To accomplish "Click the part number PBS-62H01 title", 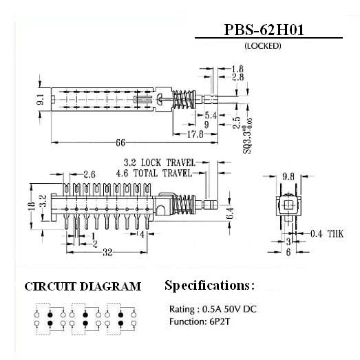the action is (264, 30).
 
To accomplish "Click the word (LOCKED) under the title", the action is (263, 46).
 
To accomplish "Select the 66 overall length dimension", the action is (120, 142).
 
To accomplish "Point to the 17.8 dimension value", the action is (195, 134).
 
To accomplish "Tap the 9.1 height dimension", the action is (41, 99).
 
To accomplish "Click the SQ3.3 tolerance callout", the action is (248, 136).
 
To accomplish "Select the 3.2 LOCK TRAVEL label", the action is (159, 162).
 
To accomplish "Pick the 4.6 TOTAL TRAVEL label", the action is (154, 173).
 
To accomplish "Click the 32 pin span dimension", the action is (107, 253).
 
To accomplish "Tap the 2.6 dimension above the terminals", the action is (89, 174).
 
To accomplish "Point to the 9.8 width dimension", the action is (288, 176).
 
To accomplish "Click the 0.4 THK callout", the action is (327, 234).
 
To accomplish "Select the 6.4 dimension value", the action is (231, 213).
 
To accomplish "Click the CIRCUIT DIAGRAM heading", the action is (83, 286).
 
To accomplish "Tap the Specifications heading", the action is (210, 286).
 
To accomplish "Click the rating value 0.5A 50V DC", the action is (229, 309).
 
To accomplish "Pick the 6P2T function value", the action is (220, 321).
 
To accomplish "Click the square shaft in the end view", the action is (288, 205).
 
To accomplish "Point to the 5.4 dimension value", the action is (211, 115).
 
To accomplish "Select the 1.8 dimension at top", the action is (237, 69).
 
